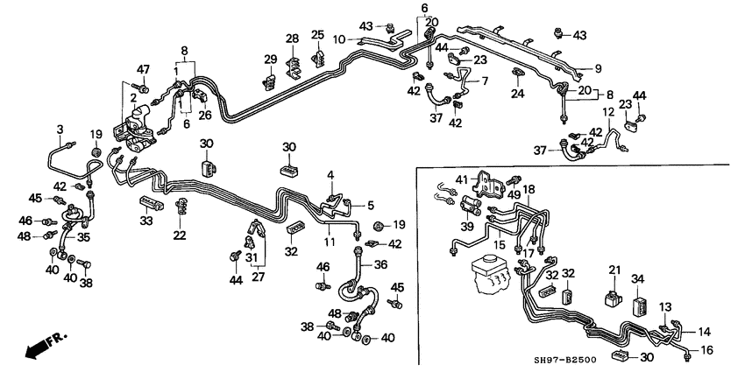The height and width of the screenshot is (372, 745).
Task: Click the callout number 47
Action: pos(144,68)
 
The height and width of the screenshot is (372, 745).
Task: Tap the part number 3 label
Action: pos(60,130)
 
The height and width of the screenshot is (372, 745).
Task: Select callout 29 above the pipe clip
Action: pos(271,59)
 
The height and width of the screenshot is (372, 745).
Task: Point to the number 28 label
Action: pos(292,39)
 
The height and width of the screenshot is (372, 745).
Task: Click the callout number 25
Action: pos(318,35)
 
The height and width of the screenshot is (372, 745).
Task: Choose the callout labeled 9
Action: pos(599,67)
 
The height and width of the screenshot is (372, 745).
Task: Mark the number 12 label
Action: pos(607,112)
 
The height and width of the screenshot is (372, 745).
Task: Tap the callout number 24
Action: pos(517,94)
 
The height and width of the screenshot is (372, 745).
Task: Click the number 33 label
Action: pos(146,222)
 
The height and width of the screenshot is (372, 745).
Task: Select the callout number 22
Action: pos(180,234)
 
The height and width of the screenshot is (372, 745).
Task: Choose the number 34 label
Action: pos(638,278)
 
